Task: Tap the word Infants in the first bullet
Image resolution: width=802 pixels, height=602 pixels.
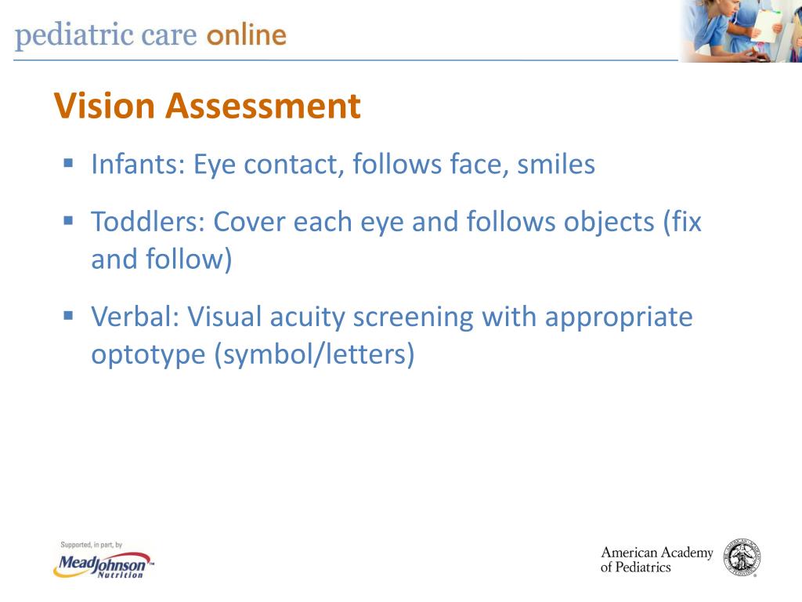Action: click(x=138, y=165)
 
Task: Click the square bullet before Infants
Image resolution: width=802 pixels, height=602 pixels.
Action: click(x=68, y=164)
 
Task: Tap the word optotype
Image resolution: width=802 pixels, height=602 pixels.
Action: click(x=148, y=355)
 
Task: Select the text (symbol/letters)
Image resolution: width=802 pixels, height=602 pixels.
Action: click(x=314, y=355)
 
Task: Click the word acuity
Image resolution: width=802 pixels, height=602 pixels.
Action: click(x=307, y=317)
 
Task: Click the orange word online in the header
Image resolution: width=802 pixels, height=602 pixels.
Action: click(x=247, y=36)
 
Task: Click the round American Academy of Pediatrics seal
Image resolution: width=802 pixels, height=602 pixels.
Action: click(x=742, y=558)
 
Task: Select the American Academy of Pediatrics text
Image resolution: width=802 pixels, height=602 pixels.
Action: click(x=656, y=560)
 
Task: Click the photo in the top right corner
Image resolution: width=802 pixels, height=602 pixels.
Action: click(x=740, y=31)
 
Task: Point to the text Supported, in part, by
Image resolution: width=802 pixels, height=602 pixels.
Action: click(x=92, y=545)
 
